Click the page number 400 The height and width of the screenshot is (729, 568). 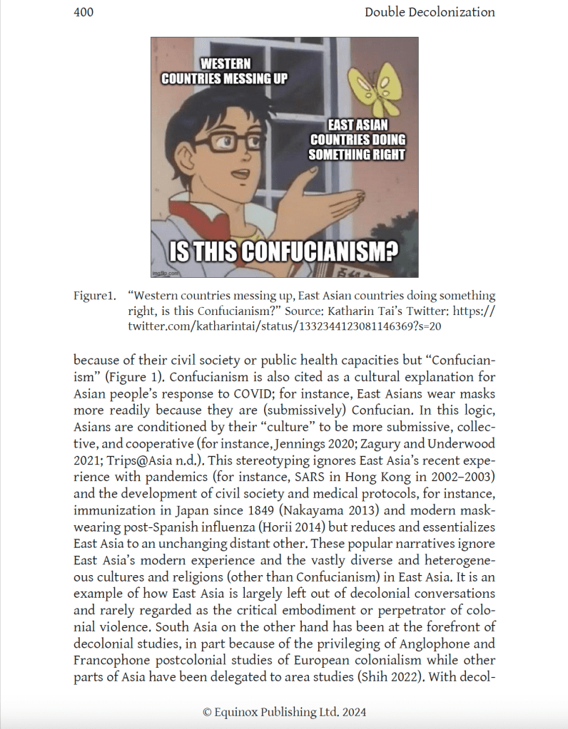[83, 12]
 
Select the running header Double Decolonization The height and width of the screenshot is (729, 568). [429, 12]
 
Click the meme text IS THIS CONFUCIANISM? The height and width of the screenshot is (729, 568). [284, 252]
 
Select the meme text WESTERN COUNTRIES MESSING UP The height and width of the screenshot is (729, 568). [224, 71]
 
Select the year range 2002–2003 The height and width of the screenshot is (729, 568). [463, 474]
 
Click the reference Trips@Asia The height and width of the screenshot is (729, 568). [133, 458]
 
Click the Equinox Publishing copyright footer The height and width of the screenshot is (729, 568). [284, 711]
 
